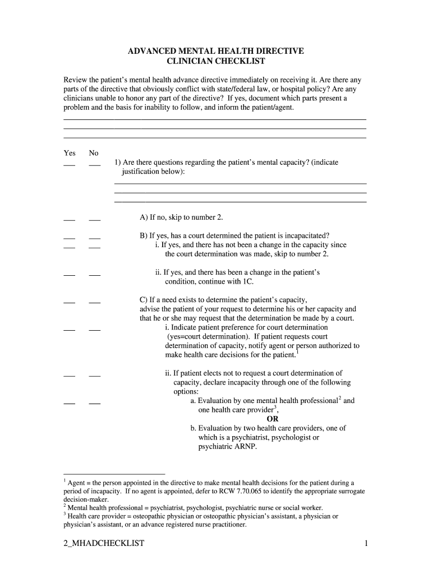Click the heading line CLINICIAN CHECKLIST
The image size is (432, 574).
tap(216, 61)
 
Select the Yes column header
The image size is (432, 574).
tap(70, 153)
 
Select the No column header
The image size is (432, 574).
tap(94, 153)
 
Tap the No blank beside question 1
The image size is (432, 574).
tap(94, 165)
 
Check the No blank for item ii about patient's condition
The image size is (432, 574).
tap(94, 275)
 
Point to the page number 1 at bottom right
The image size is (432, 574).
tap(365, 543)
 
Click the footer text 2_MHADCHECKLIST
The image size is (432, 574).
tap(104, 543)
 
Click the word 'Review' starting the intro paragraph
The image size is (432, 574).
tap(76, 80)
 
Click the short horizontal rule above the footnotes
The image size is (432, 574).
tap(114, 474)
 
